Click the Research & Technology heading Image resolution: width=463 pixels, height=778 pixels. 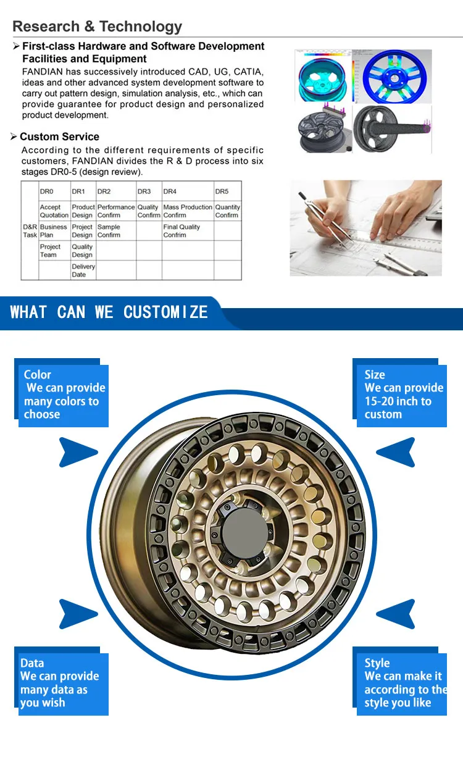98,27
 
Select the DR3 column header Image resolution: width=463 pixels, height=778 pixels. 144,191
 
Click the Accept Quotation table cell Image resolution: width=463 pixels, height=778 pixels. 54,211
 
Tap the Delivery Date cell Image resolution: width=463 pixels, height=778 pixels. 83,270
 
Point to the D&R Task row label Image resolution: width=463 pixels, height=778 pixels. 30,231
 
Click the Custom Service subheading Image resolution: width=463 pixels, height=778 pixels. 59,137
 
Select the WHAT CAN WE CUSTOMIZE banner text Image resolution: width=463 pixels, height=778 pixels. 109,312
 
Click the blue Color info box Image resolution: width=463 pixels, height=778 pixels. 62,395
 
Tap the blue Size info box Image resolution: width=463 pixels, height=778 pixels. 401,395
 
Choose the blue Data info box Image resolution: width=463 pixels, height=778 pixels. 62,684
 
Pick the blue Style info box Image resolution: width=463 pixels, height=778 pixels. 401,684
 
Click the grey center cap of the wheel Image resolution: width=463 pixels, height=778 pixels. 243,533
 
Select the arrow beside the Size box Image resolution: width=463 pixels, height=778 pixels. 396,452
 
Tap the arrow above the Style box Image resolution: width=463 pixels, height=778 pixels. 396,614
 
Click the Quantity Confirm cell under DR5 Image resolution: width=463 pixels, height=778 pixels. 227,211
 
